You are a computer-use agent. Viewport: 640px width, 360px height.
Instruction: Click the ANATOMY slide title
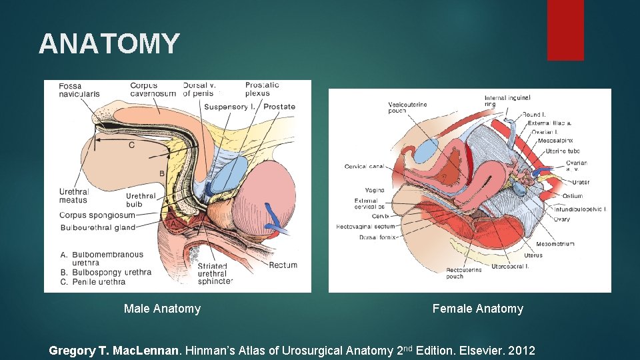pyautogui.click(x=109, y=44)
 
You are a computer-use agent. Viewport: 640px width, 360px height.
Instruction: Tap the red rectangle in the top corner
pyautogui.click(x=565, y=30)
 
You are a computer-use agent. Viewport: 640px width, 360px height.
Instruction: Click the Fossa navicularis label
pyautogui.click(x=79, y=90)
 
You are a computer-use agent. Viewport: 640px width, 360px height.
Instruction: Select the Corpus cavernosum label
pyautogui.click(x=153, y=90)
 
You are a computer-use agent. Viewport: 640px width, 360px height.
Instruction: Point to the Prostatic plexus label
pyautogui.click(x=262, y=89)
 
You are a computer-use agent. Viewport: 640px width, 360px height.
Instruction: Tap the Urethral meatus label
pyautogui.click(x=73, y=196)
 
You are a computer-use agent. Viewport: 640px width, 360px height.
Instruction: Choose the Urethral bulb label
pyautogui.click(x=141, y=200)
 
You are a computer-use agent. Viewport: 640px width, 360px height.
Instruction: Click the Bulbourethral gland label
pyautogui.click(x=97, y=227)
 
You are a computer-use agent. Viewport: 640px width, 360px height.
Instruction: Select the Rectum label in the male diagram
pyautogui.click(x=283, y=265)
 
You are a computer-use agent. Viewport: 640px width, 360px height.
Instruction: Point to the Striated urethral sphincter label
pyautogui.click(x=215, y=273)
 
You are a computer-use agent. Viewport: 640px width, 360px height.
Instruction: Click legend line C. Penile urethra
pyautogui.click(x=93, y=282)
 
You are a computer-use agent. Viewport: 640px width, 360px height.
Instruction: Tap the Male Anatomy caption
pyautogui.click(x=162, y=309)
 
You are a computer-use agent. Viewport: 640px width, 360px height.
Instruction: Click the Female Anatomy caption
pyautogui.click(x=477, y=309)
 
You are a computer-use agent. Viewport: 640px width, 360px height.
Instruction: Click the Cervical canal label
pyautogui.click(x=364, y=166)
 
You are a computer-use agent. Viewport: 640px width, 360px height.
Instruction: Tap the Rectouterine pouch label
pyautogui.click(x=463, y=273)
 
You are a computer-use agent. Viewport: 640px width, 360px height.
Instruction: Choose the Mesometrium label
pyautogui.click(x=558, y=244)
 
